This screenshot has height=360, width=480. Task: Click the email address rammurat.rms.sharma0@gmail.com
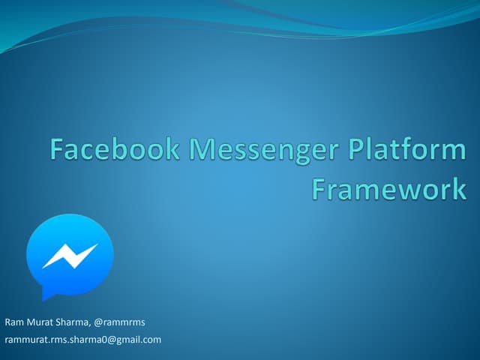(x=83, y=340)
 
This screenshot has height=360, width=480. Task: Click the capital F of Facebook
(x=58, y=151)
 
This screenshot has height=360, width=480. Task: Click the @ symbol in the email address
(x=115, y=340)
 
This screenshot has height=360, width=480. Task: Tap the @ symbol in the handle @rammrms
(x=100, y=322)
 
